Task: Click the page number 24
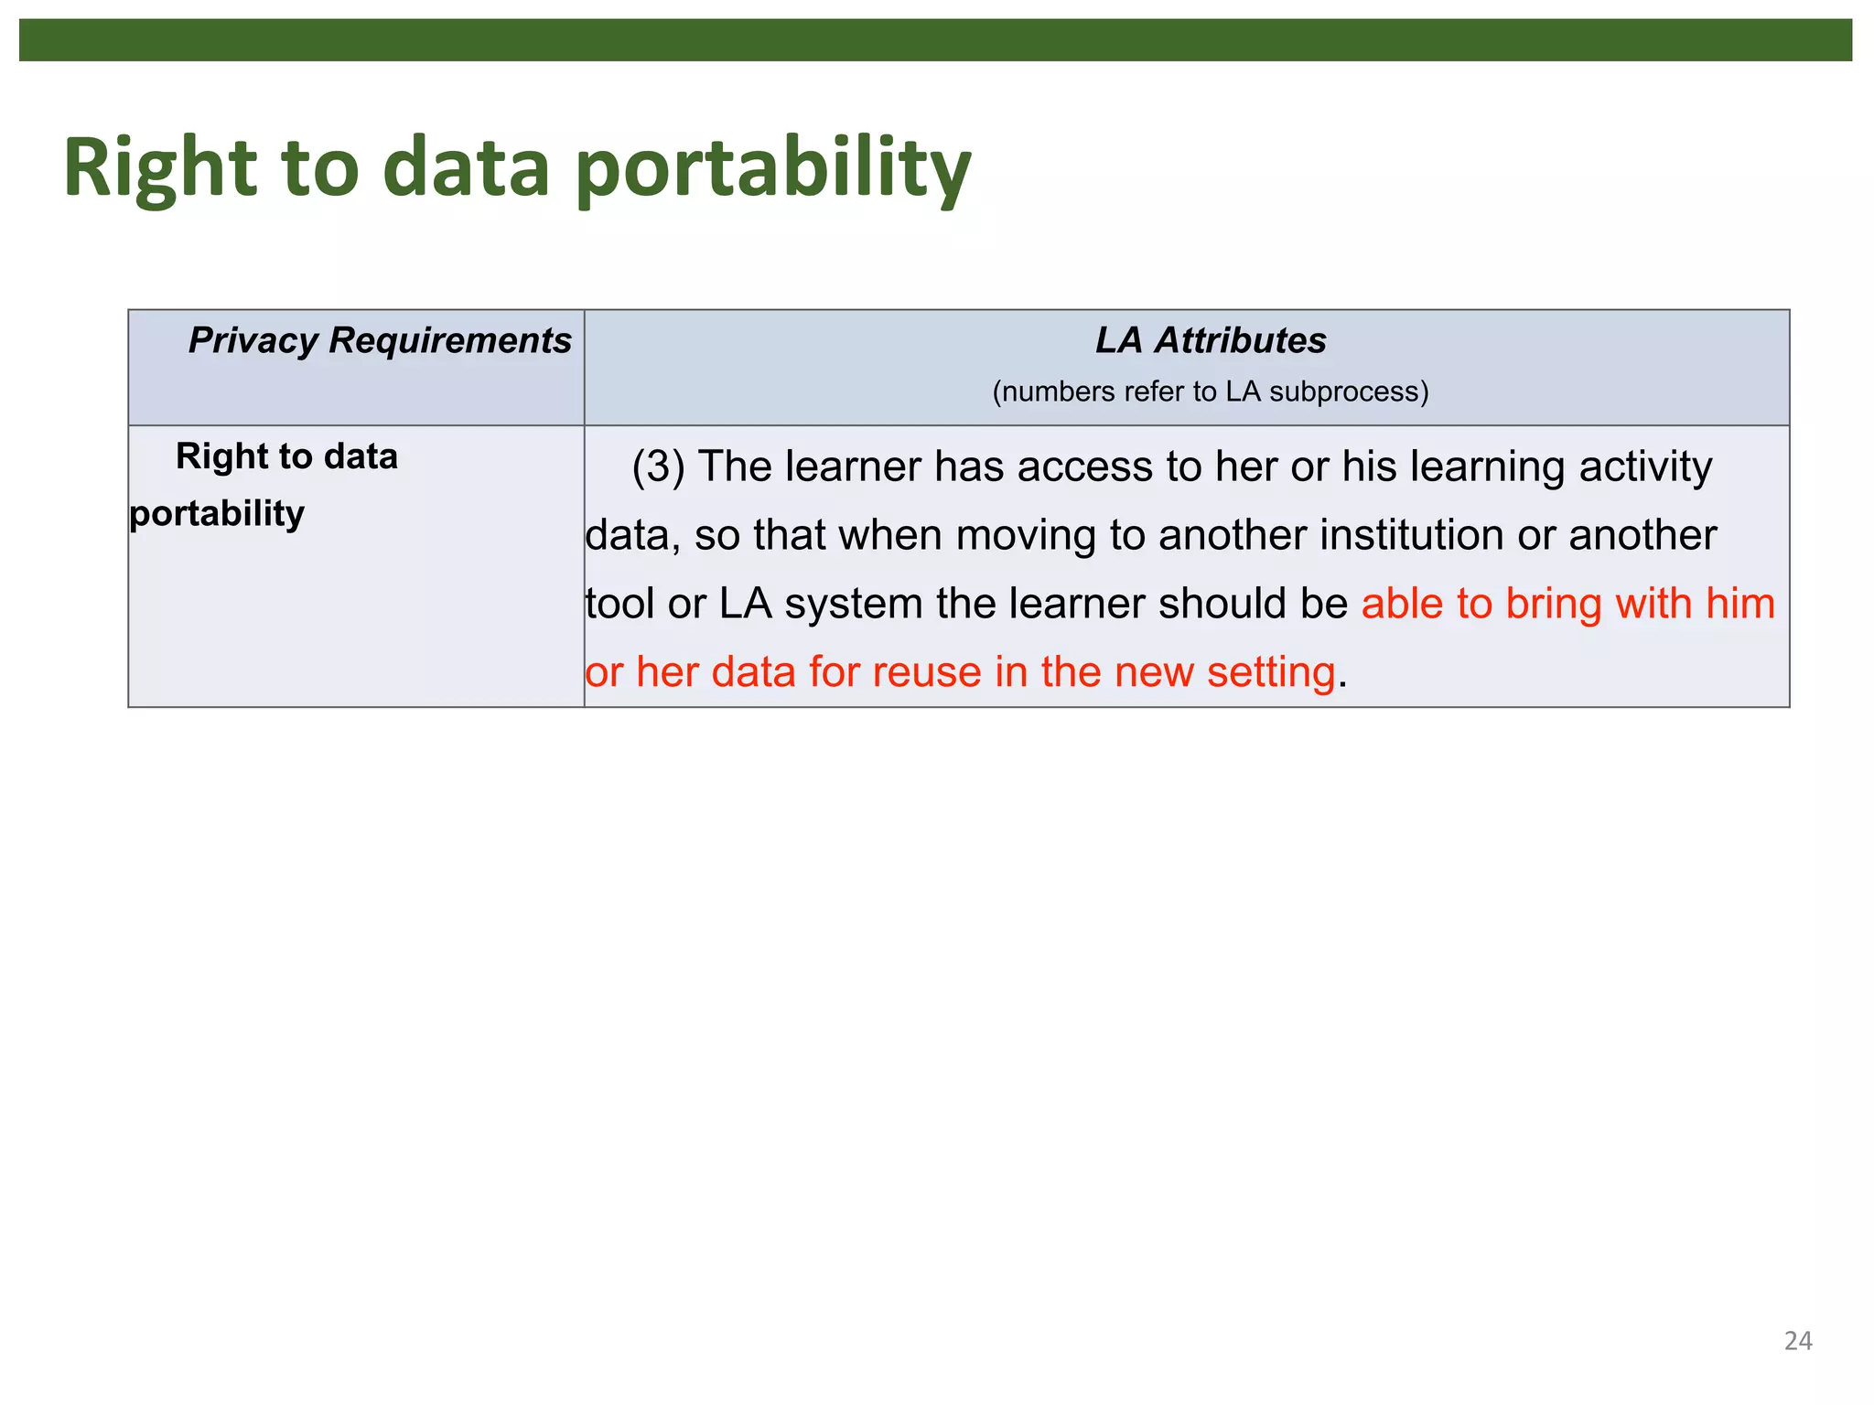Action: tap(1797, 1341)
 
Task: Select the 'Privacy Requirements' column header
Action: tap(380, 340)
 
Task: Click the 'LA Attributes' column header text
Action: tap(1211, 340)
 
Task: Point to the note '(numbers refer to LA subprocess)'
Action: tap(1211, 391)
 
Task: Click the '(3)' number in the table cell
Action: tap(658, 467)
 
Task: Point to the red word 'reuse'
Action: tap(927, 672)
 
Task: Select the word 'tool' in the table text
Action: tap(619, 604)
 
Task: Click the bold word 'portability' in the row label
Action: tap(217, 514)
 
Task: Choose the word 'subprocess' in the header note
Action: tap(1349, 391)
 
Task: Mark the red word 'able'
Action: tap(1400, 604)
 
